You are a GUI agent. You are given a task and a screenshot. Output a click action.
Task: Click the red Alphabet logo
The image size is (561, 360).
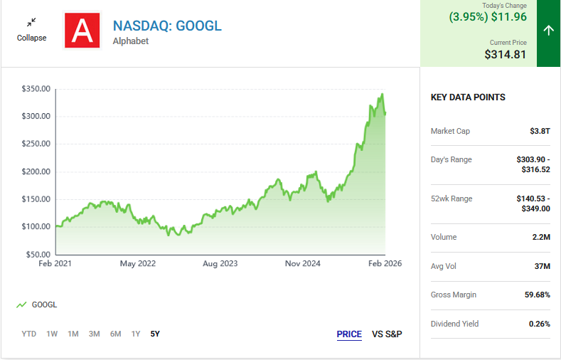(x=82, y=31)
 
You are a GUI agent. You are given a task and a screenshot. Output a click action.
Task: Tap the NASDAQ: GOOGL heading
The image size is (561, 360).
(x=167, y=26)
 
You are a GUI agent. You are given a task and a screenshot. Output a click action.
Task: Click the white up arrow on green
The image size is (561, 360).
(x=548, y=30)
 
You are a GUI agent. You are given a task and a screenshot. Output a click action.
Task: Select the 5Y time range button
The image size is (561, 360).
(x=155, y=334)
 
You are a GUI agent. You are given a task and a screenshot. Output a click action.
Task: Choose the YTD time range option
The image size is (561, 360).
(x=29, y=334)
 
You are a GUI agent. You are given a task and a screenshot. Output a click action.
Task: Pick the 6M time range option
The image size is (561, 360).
(x=115, y=334)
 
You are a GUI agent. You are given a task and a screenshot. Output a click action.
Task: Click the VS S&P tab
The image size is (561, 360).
(x=387, y=334)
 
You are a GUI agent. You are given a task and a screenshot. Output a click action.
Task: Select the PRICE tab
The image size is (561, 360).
(x=349, y=334)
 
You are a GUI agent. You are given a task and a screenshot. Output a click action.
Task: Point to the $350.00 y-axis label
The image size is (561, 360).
(x=36, y=89)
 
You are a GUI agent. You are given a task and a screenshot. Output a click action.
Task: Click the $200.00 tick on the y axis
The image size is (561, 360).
(x=36, y=171)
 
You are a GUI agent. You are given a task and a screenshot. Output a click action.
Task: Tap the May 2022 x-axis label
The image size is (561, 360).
(x=137, y=263)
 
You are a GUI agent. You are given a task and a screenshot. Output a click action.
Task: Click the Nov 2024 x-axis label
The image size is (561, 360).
(x=302, y=263)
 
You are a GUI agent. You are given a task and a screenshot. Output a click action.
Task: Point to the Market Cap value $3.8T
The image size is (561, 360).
(x=540, y=131)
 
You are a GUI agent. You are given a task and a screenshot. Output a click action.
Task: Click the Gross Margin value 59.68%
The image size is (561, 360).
(x=535, y=295)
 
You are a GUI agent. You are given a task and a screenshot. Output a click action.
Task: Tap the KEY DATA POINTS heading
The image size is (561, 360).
(x=468, y=97)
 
